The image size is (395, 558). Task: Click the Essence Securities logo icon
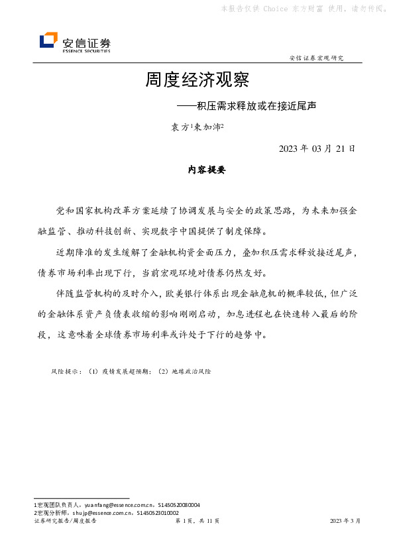coord(48,41)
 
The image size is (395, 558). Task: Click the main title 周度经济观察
coord(197,81)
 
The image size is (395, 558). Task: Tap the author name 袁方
coord(180,127)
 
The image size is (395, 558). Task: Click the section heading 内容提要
coord(207,170)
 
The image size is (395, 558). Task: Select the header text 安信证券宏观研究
coord(317,58)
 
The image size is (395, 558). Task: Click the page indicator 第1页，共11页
coord(197,522)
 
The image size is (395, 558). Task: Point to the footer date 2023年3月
coord(345,522)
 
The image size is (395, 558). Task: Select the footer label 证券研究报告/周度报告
coord(65,522)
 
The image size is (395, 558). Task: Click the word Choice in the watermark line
coord(274,9)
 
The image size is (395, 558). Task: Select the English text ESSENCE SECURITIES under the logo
coord(86,50)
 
